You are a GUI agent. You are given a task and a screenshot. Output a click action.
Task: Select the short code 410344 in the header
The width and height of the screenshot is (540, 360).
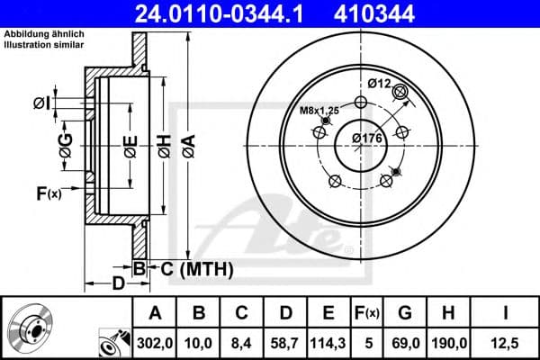401,13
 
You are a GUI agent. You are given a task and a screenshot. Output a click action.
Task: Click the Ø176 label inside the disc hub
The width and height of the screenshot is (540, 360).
367,138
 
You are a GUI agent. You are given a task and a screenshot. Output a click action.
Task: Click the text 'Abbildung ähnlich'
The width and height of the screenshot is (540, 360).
42,34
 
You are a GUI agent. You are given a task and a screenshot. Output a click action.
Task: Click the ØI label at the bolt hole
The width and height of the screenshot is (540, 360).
42,103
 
